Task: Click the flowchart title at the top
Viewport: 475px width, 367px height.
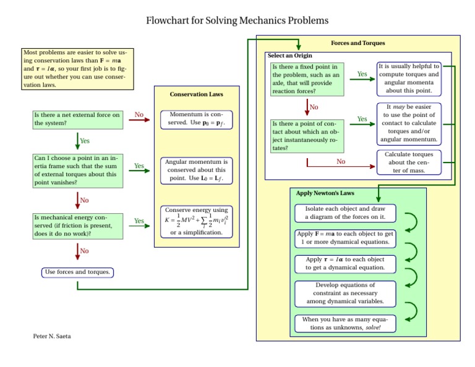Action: [x=237, y=21]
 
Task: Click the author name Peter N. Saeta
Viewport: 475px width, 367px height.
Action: [x=53, y=335]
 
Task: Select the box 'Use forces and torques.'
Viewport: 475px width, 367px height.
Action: [x=79, y=272]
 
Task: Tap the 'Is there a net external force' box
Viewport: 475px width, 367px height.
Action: [x=77, y=119]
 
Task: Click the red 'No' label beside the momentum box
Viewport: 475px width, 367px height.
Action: [x=139, y=115]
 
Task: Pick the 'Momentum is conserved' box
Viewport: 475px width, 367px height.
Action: [x=196, y=119]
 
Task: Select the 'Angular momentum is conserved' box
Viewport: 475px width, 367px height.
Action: [x=196, y=170]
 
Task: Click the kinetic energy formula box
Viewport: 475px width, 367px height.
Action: [x=196, y=221]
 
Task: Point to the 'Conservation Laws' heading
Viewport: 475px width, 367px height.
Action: [x=196, y=95]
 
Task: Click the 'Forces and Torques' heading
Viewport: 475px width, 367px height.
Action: [x=357, y=43]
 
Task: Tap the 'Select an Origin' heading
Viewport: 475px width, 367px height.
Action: [x=290, y=56]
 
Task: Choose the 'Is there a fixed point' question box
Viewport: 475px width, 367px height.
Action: [x=307, y=79]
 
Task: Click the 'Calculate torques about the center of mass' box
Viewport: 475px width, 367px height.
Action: [x=409, y=162]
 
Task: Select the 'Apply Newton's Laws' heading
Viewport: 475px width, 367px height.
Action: [x=325, y=193]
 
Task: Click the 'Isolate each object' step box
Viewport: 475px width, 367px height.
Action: [x=344, y=213]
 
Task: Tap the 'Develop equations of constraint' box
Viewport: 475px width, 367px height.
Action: [x=344, y=293]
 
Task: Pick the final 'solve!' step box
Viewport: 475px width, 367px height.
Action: [x=344, y=323]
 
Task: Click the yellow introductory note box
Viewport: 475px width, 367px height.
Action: [x=77, y=69]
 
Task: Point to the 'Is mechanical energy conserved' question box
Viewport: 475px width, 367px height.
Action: [x=77, y=226]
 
